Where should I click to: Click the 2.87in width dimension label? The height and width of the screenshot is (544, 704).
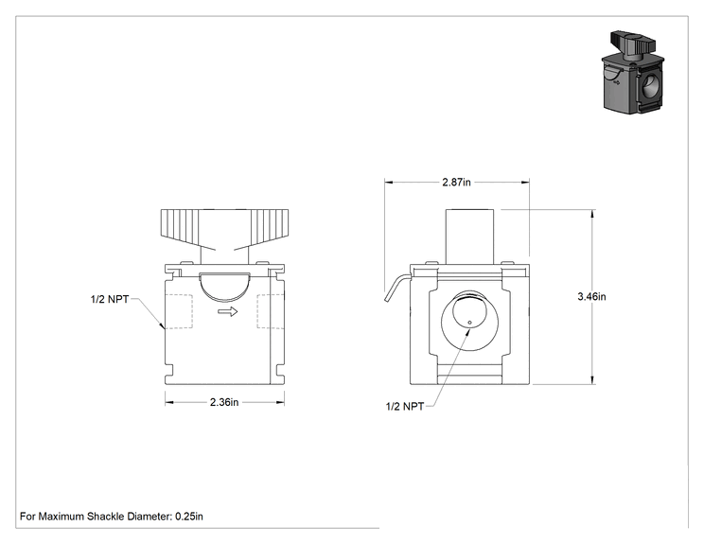[x=456, y=182]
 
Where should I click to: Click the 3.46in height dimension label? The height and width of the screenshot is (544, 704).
[x=591, y=296]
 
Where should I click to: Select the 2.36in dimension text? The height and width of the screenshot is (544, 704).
[x=224, y=402]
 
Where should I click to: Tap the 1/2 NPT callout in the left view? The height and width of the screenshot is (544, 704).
[x=110, y=299]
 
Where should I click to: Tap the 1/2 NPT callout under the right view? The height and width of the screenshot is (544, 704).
[x=405, y=406]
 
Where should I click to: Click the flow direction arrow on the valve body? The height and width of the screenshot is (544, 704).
[x=228, y=311]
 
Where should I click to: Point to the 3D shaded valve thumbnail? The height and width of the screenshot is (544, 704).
[x=633, y=72]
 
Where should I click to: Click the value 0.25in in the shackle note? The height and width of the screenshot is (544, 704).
[x=189, y=517]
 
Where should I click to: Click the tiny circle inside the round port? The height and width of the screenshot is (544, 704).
[x=469, y=322]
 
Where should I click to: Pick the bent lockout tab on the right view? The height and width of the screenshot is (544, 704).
[x=396, y=289]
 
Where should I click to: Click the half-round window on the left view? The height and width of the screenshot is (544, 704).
[x=224, y=287]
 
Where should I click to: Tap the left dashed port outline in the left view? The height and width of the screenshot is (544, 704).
[x=179, y=311]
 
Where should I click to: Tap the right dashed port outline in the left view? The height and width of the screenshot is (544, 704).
[x=270, y=311]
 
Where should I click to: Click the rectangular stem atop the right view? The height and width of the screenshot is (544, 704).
[x=469, y=237]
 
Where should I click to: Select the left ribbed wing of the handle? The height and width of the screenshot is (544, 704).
[x=180, y=227]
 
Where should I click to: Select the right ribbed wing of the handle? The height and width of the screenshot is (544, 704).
[x=270, y=227]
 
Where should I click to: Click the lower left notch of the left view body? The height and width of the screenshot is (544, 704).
[x=169, y=371]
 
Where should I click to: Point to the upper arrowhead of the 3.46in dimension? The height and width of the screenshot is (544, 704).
[x=592, y=214]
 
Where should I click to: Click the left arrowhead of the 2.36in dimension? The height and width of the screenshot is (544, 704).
[x=169, y=402]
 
